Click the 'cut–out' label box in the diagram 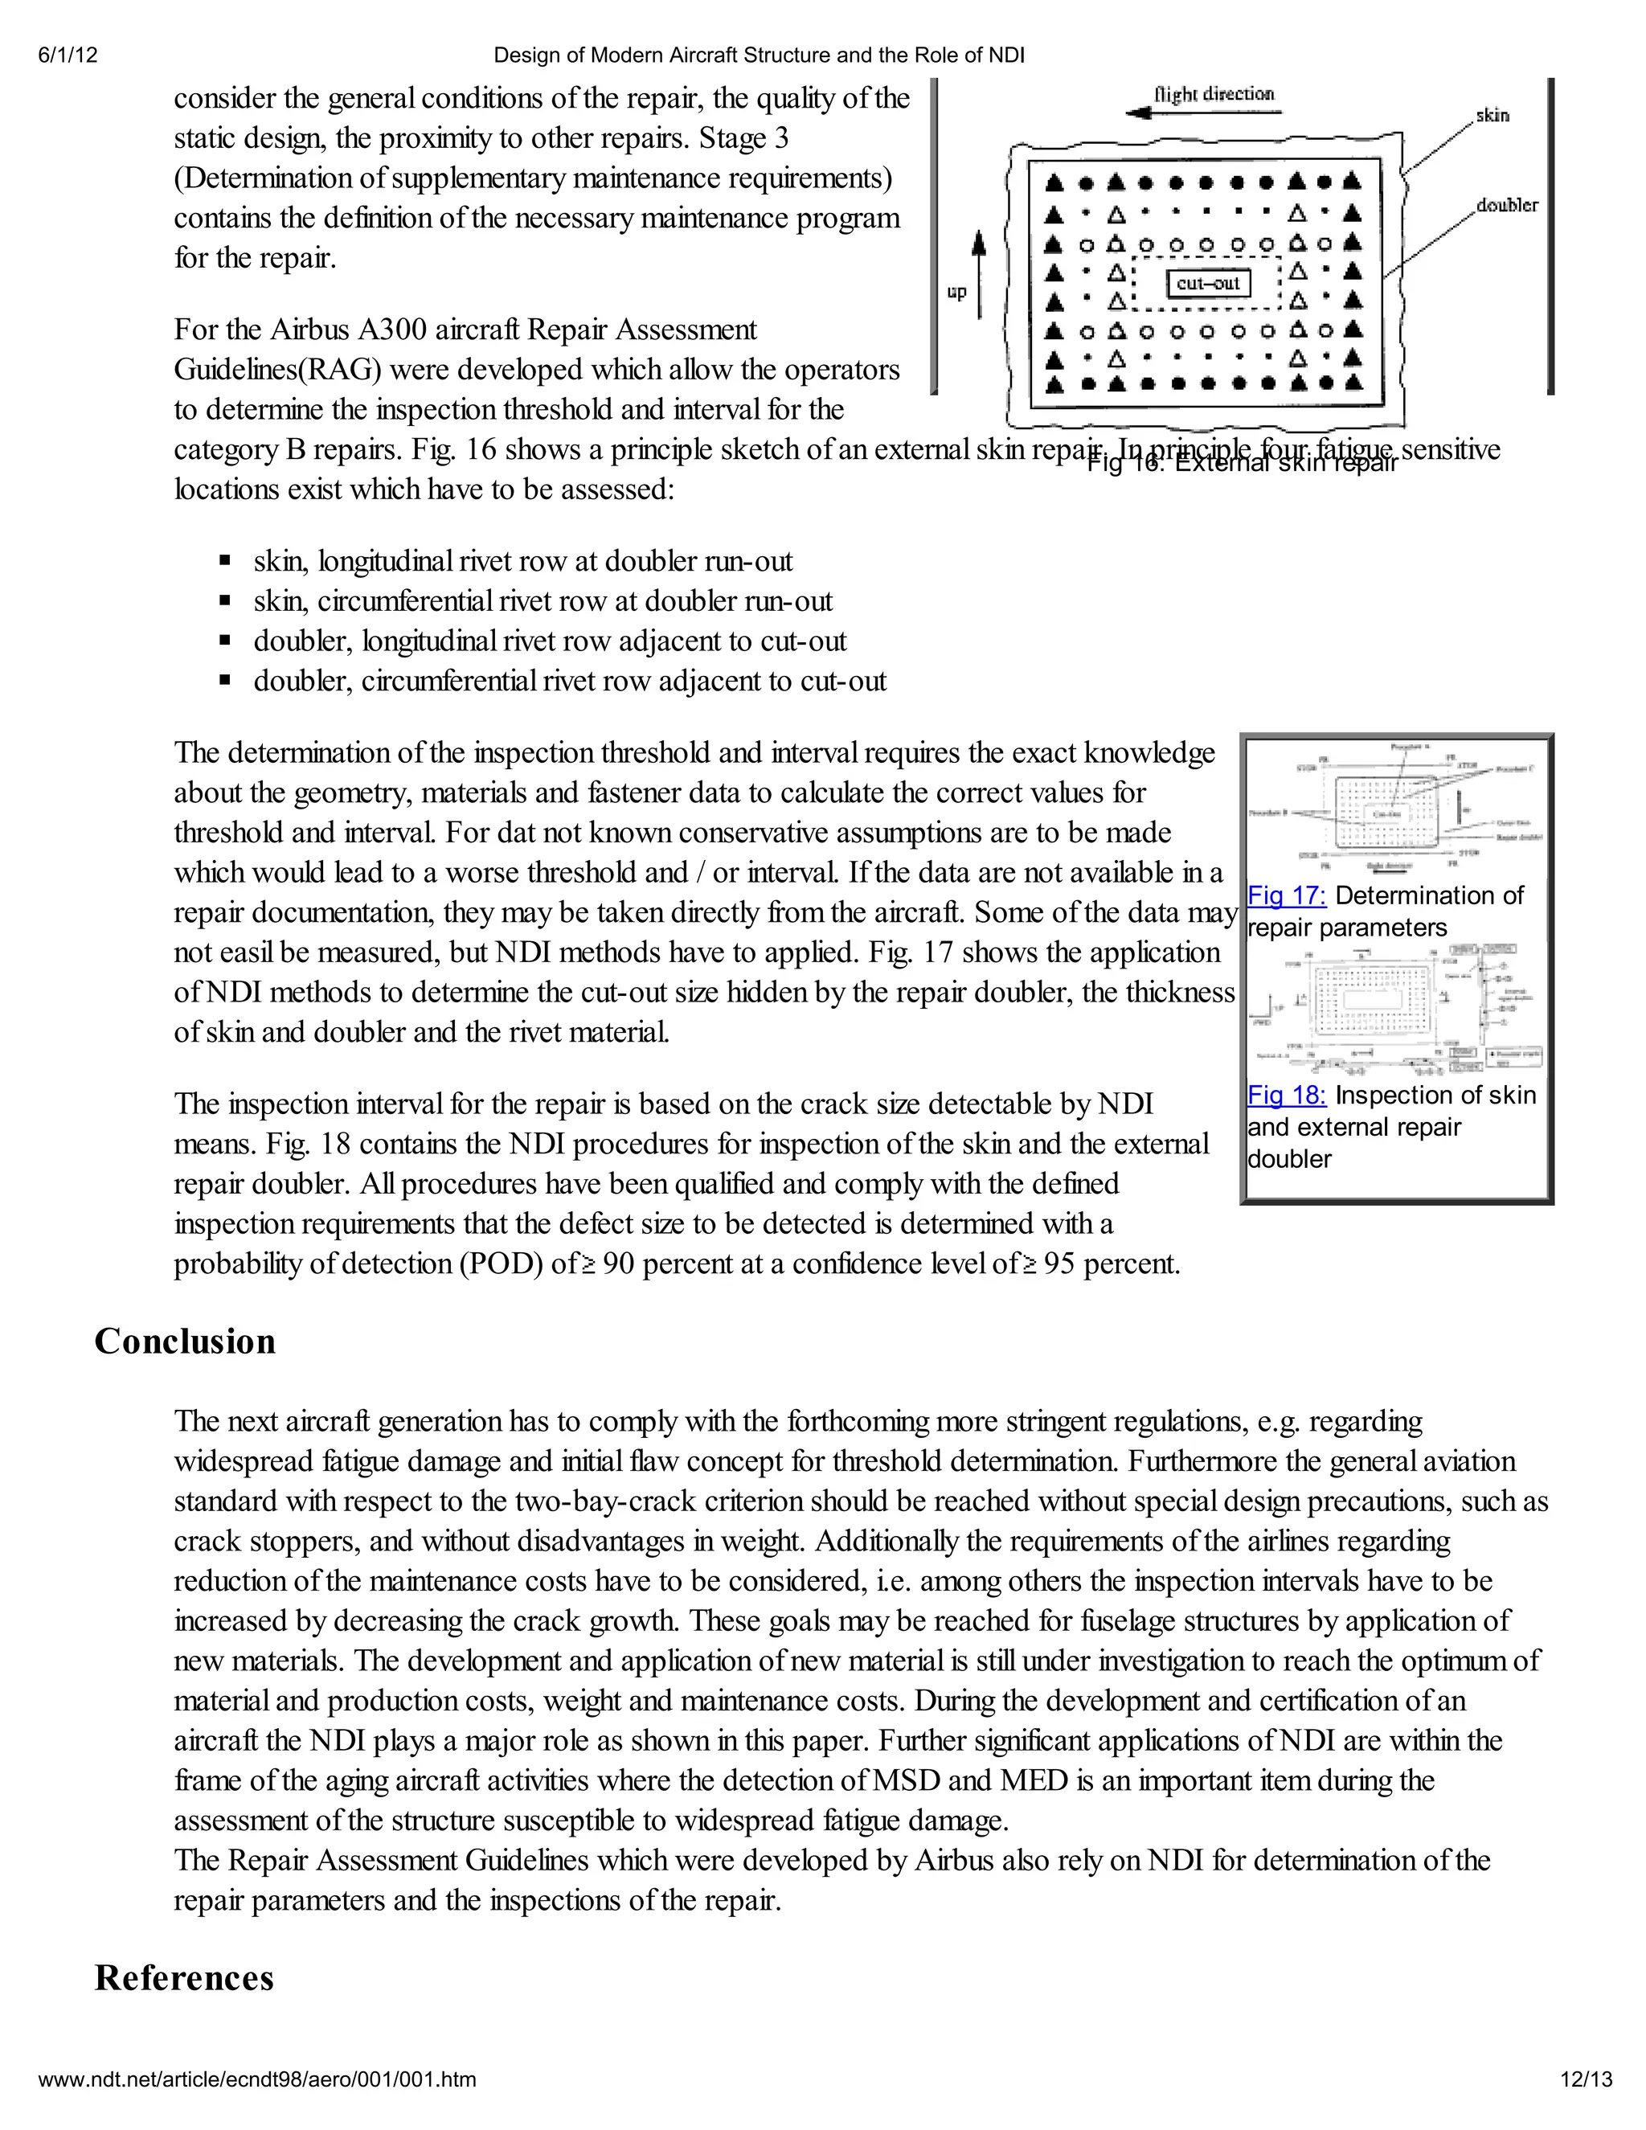tap(1208, 284)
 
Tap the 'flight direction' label tap(1214, 95)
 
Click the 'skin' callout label tap(1492, 115)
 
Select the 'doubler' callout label tap(1507, 205)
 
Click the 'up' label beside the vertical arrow tap(956, 292)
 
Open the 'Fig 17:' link tap(1286, 895)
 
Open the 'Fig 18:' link tap(1286, 1096)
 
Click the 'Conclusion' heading tap(186, 1342)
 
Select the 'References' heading tap(184, 1979)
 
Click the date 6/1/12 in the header tap(68, 55)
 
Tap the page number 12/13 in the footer tap(1586, 2079)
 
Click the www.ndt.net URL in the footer tap(257, 2079)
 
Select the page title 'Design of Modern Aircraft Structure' tap(759, 55)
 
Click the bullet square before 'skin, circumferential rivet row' tap(225, 600)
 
